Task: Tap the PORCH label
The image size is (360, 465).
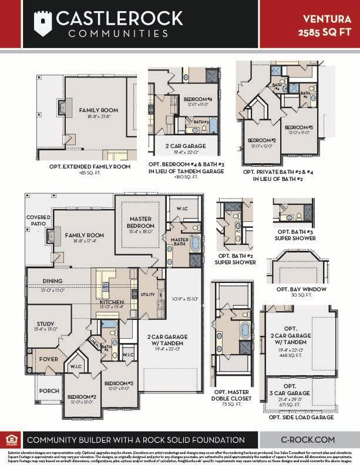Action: (x=49, y=390)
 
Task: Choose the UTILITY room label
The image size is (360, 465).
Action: (x=147, y=294)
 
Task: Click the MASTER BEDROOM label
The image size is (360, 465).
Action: (x=141, y=222)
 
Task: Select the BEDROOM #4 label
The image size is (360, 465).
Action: (x=197, y=99)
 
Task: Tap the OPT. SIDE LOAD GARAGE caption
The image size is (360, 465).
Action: (x=301, y=417)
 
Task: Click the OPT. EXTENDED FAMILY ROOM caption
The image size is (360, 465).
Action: (x=89, y=166)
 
